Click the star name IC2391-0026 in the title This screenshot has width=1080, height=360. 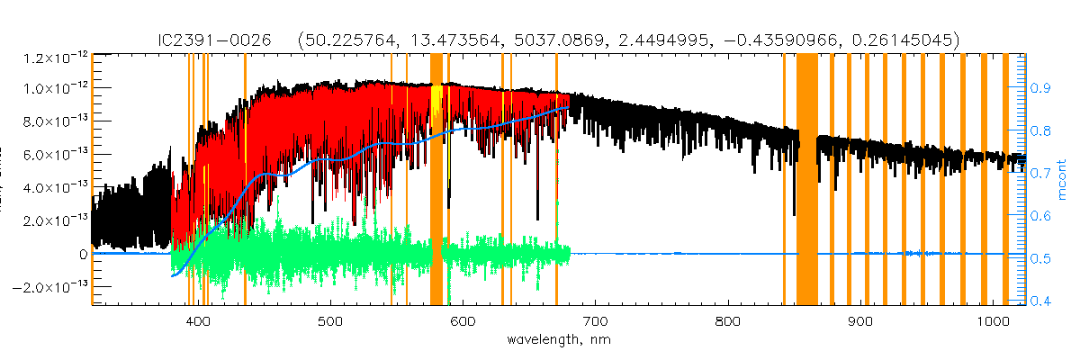point(203,40)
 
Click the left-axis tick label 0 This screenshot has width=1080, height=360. point(83,254)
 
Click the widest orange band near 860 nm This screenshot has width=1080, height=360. point(807,180)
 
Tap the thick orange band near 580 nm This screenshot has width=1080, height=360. point(436,180)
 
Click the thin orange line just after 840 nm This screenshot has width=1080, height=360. point(784,180)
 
